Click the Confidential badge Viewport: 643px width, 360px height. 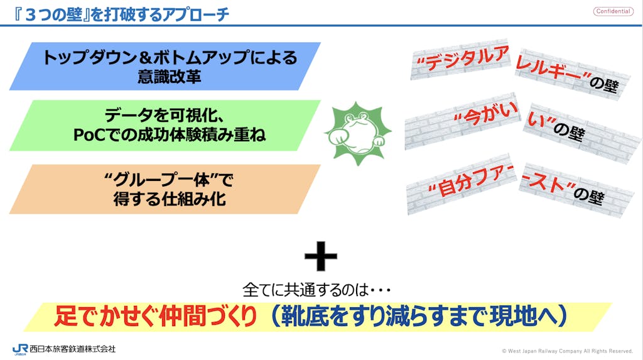(613, 11)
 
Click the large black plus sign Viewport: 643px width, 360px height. (321, 256)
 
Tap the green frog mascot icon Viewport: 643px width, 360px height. (358, 133)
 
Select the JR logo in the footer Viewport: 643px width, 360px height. (20, 349)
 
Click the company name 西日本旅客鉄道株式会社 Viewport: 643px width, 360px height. (73, 349)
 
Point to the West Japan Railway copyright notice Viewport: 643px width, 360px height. (567, 351)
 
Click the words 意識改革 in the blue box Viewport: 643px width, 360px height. (170, 77)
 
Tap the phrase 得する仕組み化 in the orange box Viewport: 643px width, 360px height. (170, 199)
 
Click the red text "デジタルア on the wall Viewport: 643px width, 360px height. (463, 58)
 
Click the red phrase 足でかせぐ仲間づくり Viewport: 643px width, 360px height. (156, 316)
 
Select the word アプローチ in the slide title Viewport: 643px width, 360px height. (195, 15)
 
